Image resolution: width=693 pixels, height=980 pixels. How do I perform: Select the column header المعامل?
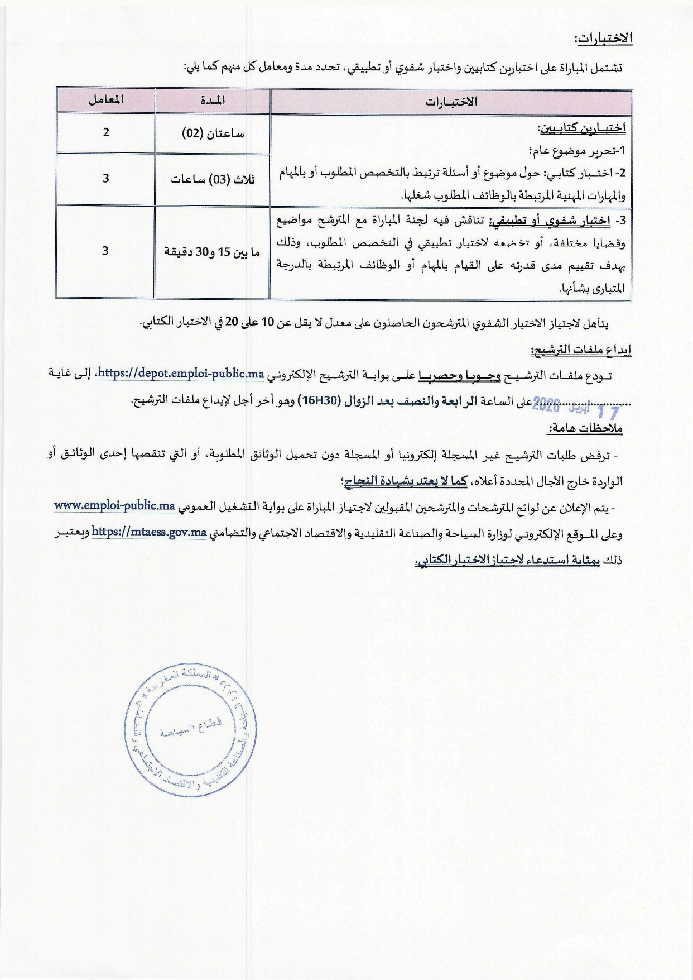click(x=106, y=101)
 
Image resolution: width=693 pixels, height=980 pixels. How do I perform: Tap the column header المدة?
click(x=213, y=101)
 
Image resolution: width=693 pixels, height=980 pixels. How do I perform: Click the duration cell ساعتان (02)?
click(x=213, y=134)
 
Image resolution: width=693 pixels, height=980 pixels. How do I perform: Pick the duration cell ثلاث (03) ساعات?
click(x=213, y=179)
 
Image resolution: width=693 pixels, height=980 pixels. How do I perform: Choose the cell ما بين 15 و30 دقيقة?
click(x=212, y=252)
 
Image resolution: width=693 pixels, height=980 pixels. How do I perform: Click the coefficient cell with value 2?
click(x=106, y=133)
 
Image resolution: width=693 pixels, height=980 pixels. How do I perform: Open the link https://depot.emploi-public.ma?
click(x=181, y=374)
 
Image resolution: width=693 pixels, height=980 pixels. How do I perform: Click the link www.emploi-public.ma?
click(x=115, y=506)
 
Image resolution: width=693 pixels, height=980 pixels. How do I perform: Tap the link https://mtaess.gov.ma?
click(x=149, y=532)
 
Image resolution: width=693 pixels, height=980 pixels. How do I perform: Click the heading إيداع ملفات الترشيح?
click(x=580, y=350)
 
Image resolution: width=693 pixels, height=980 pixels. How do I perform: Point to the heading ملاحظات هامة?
click(x=585, y=429)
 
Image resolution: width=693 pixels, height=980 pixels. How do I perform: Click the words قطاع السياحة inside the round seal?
click(x=191, y=727)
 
